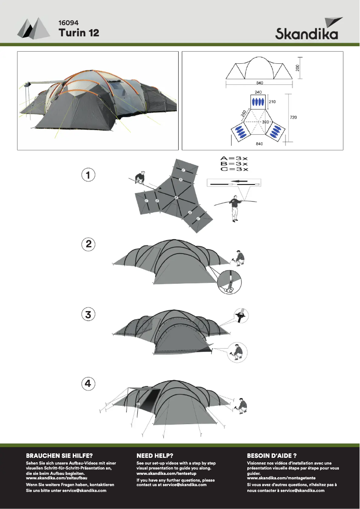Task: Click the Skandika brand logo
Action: tap(307, 29)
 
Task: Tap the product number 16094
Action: tap(69, 23)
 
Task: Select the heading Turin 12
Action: tap(79, 33)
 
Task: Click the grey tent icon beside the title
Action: tap(34, 28)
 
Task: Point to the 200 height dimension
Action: tap(298, 68)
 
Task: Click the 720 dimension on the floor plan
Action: tap(293, 117)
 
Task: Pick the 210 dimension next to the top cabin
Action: tap(272, 101)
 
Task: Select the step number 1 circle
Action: tap(88, 175)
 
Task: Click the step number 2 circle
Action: tap(88, 244)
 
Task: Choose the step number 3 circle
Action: tap(88, 314)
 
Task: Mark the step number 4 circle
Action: tap(88, 383)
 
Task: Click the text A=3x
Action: tap(234, 158)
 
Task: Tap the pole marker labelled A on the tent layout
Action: tap(176, 197)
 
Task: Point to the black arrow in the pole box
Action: tap(241, 181)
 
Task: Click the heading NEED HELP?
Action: tap(155, 456)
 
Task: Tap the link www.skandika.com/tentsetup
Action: tap(166, 474)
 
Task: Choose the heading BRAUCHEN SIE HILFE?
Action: tap(59, 456)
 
